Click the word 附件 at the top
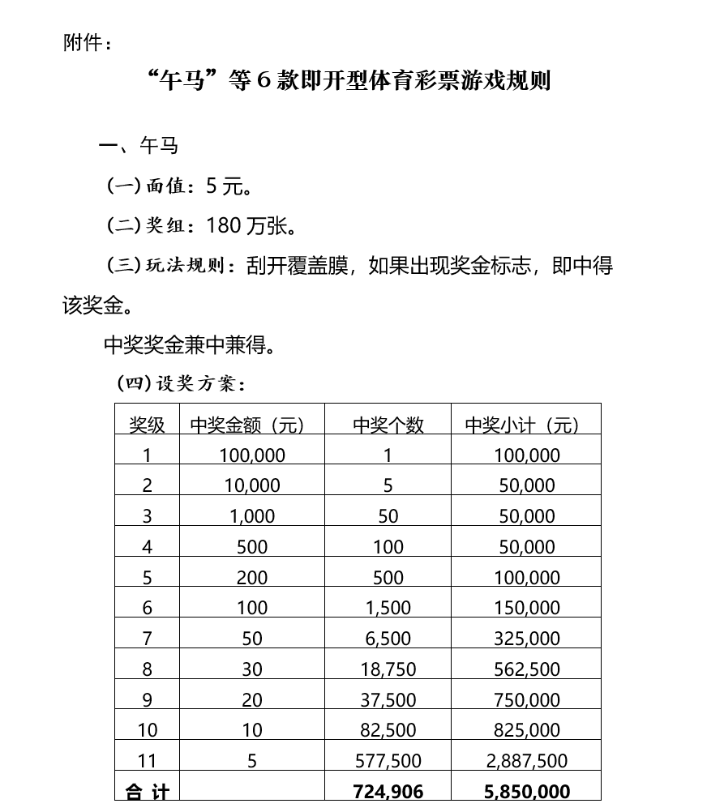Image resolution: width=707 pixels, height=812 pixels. click(x=82, y=43)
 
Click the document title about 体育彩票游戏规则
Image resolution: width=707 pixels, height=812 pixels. click(x=350, y=81)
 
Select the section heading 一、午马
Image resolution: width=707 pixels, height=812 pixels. click(x=139, y=146)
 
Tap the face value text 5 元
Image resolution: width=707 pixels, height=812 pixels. click(x=225, y=186)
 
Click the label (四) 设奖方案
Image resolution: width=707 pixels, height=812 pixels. click(x=180, y=382)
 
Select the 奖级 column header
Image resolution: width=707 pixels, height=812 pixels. click(x=147, y=425)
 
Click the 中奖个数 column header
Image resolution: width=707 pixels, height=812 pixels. click(x=388, y=425)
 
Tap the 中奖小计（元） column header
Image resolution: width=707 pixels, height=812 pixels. click(x=523, y=425)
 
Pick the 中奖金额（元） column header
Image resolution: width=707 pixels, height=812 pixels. click(x=248, y=425)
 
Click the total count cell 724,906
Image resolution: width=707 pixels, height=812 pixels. click(x=388, y=791)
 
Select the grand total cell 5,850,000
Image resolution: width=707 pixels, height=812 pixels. click(x=527, y=791)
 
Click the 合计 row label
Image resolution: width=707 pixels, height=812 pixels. click(x=147, y=791)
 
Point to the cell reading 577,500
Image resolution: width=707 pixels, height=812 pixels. click(x=388, y=760)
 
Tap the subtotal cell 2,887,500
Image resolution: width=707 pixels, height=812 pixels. click(x=527, y=760)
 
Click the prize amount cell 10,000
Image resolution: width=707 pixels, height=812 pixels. click(x=252, y=485)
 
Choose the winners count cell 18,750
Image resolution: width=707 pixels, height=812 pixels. click(x=388, y=669)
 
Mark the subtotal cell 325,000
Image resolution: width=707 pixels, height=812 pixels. click(x=527, y=638)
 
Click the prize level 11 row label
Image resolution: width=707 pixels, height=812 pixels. click(x=147, y=760)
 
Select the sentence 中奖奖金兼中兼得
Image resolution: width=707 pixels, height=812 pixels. click(x=190, y=346)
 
